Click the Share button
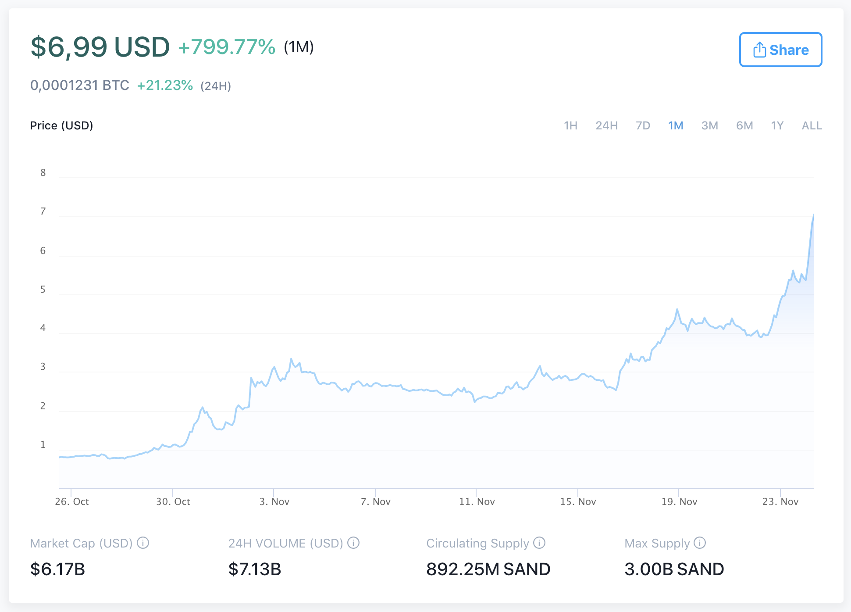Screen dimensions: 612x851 [x=780, y=50]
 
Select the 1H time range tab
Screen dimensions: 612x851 [x=570, y=126]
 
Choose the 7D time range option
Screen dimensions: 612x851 [x=643, y=126]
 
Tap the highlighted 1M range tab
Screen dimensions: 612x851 [x=676, y=126]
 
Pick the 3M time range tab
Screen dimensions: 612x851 [x=709, y=126]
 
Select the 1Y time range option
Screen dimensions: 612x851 [x=777, y=126]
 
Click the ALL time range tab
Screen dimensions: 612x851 [x=812, y=126]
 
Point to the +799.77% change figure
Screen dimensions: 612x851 [x=227, y=47]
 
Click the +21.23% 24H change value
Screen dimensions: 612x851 [x=165, y=85]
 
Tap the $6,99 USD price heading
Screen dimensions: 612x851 [x=100, y=47]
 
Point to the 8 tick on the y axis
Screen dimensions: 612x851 [x=43, y=173]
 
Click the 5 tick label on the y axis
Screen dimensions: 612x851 [x=43, y=290]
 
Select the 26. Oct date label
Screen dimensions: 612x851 [x=72, y=501]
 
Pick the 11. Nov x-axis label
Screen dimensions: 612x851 [x=477, y=501]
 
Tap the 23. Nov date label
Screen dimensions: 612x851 [x=780, y=501]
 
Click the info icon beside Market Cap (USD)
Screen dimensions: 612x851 [x=143, y=543]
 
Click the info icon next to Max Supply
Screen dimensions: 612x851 [x=700, y=543]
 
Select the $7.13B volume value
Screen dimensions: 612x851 [x=255, y=569]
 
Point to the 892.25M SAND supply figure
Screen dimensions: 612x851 [x=488, y=569]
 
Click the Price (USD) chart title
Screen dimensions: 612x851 [x=61, y=126]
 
